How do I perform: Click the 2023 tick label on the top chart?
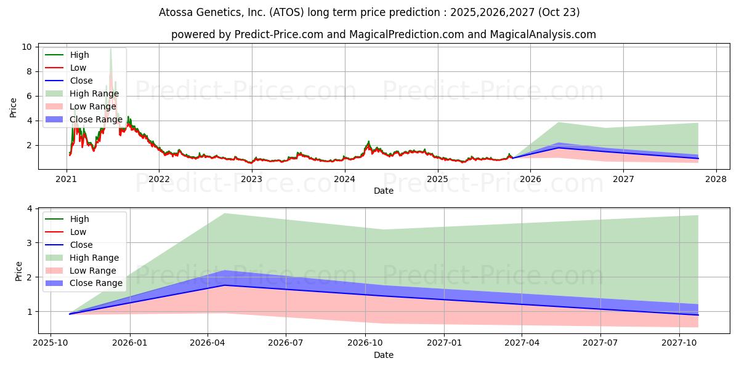[x=251, y=179]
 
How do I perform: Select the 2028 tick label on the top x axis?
[x=716, y=179]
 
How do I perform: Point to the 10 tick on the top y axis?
[x=28, y=47]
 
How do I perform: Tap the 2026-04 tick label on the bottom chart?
[x=208, y=343]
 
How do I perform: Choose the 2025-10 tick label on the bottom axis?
[x=50, y=343]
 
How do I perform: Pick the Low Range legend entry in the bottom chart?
[x=93, y=271]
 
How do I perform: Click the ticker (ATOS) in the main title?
[x=298, y=12]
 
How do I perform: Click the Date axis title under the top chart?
[x=384, y=191]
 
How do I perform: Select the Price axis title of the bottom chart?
[x=18, y=271]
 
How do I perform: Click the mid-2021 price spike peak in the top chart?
[x=110, y=49]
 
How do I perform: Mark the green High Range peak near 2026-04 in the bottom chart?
[x=224, y=213]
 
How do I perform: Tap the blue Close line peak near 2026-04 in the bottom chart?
[x=224, y=285]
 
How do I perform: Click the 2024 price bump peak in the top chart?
[x=368, y=141]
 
